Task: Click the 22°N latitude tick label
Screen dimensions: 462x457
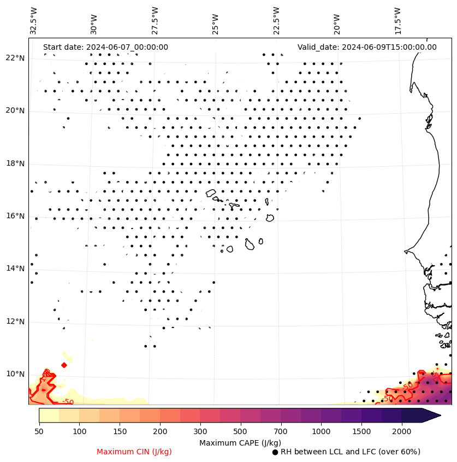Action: pos(15,58)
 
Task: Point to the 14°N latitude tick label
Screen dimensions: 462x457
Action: pos(15,268)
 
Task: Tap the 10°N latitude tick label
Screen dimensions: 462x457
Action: pos(15,374)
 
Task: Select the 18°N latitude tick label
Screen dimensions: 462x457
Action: pos(15,163)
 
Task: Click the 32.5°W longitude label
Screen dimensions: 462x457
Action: pos(34,21)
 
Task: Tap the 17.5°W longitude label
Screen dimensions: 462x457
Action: pos(397,21)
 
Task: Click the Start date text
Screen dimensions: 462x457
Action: pos(105,47)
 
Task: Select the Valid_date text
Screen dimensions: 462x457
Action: pos(367,47)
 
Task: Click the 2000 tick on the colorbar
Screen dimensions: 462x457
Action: pos(401,431)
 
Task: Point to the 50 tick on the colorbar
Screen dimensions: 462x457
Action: pos(39,431)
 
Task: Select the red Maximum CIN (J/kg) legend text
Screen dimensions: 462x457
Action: pos(134,452)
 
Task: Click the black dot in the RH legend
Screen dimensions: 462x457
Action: pos(275,452)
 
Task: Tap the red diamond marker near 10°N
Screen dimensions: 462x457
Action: pos(64,365)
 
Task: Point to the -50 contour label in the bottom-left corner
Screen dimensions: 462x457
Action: pos(67,402)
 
